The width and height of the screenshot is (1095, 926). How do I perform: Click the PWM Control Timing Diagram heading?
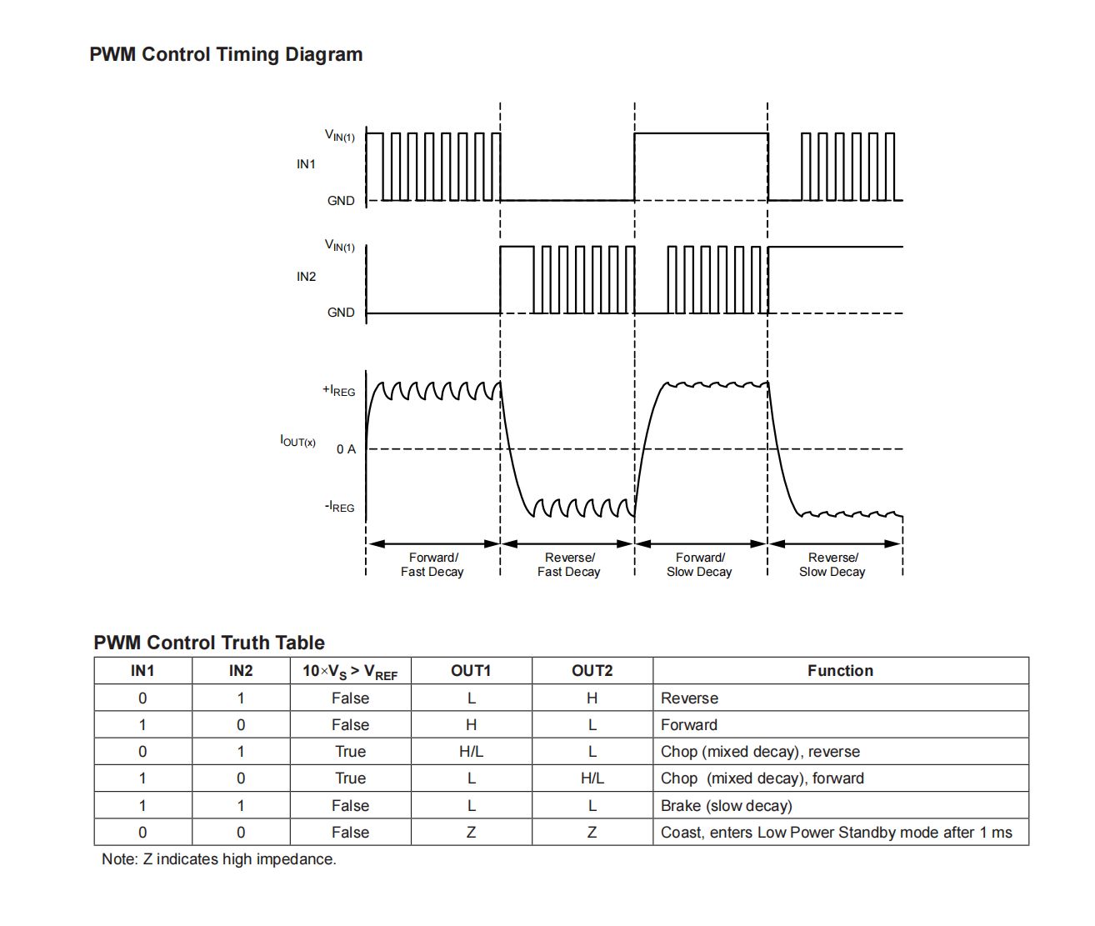226,54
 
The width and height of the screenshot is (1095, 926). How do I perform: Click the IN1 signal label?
306,164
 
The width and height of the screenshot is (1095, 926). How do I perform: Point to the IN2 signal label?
306,277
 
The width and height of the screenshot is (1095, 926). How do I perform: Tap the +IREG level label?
339,391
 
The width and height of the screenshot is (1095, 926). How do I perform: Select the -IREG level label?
339,507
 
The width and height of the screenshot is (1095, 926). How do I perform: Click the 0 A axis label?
347,449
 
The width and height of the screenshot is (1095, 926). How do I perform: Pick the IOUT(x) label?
297,441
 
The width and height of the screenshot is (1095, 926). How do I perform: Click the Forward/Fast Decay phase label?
432,565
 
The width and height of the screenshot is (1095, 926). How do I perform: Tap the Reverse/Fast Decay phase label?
569,565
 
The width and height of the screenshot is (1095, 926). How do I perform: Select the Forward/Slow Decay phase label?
699,565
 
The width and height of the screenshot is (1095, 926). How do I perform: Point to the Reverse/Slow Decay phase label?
832,565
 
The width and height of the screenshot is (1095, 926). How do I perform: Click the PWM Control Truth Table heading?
209,643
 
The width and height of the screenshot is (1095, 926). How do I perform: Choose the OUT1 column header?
471,671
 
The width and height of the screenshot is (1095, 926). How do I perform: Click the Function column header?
840,671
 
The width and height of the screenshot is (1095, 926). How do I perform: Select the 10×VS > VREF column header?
350,672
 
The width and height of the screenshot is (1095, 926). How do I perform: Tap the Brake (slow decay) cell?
727,806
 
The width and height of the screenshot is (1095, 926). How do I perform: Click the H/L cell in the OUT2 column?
592,778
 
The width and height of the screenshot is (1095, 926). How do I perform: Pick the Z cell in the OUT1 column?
471,833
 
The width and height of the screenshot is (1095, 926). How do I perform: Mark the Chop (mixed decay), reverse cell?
760,752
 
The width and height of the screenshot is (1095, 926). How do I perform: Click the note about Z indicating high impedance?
219,859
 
